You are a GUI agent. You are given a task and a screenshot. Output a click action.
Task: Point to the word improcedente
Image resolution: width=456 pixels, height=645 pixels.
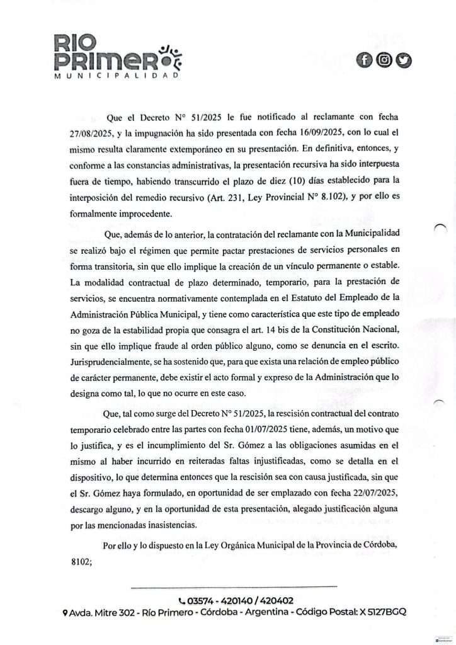pos(135,213)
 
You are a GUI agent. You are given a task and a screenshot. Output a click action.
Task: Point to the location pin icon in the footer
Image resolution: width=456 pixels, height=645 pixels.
pos(66,613)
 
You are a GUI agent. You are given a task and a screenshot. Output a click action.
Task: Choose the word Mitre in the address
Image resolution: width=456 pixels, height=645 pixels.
pos(109,612)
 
